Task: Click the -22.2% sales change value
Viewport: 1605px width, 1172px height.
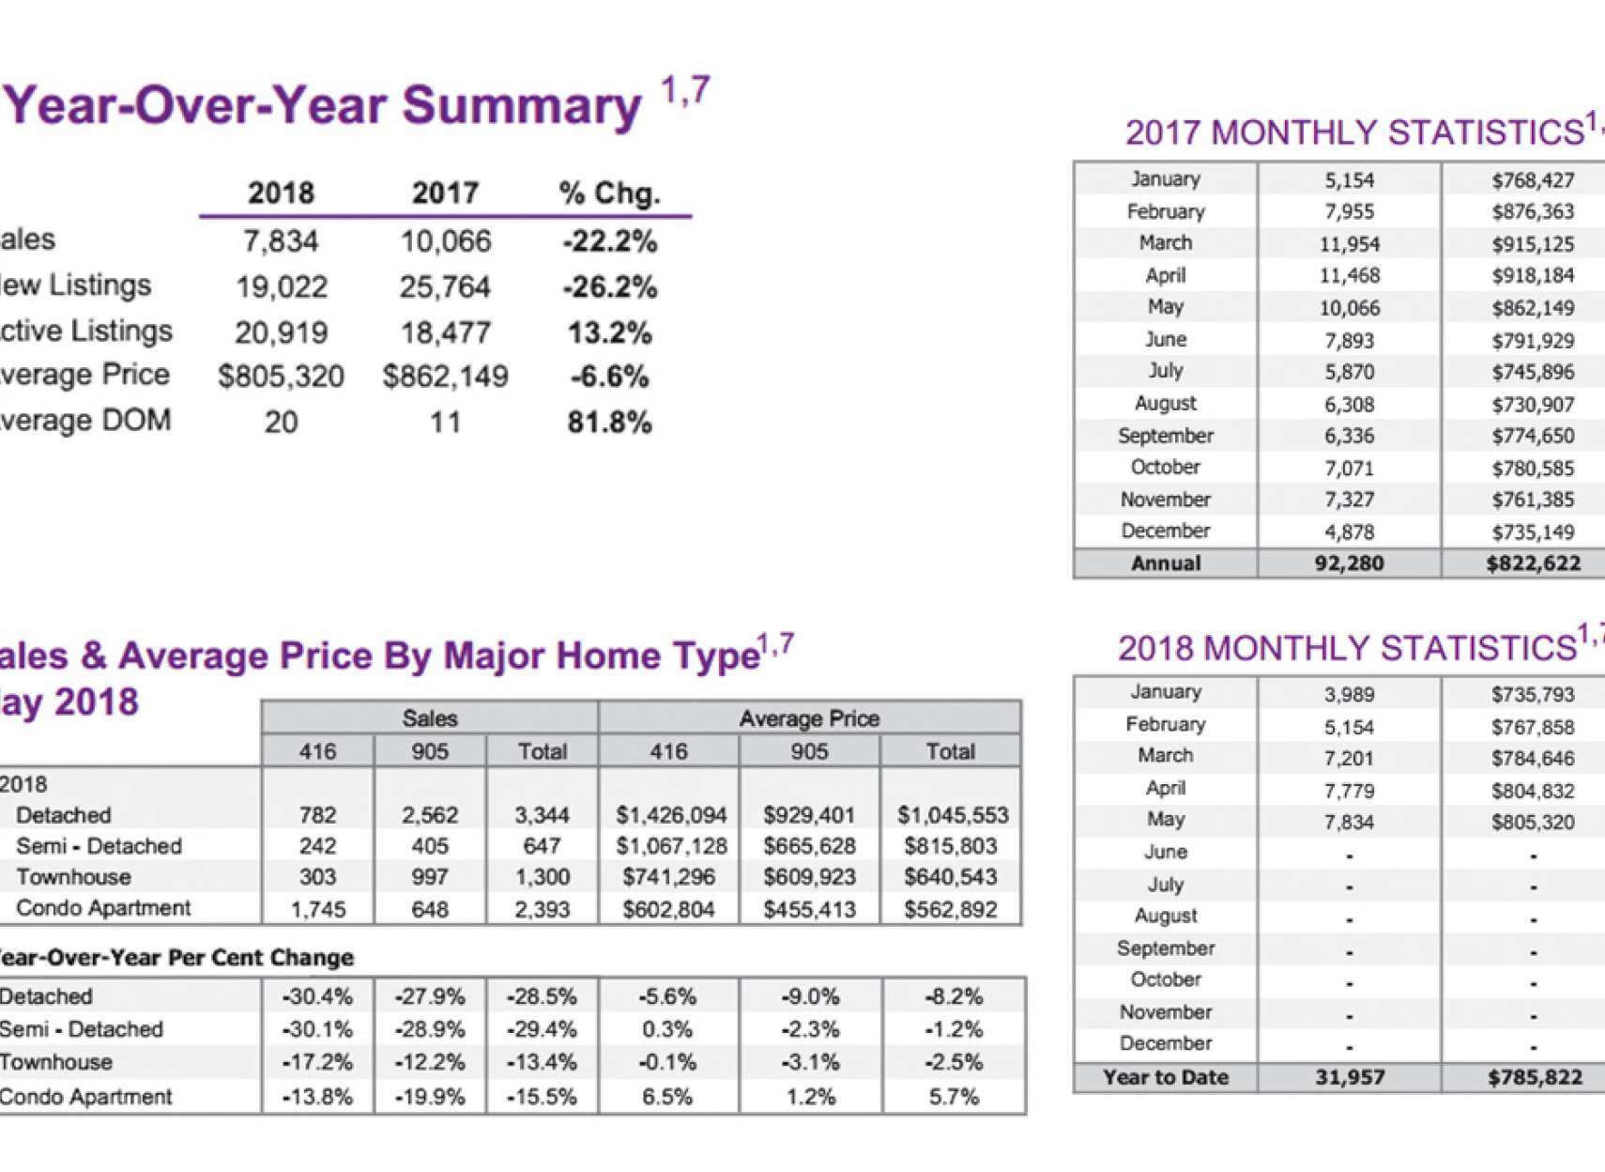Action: tap(610, 242)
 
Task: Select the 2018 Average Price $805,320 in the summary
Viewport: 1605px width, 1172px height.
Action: tap(281, 377)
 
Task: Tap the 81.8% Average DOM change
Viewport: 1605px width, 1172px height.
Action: tap(609, 423)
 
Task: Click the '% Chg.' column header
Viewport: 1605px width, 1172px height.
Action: tap(609, 193)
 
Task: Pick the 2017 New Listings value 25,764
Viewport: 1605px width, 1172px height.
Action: tap(445, 287)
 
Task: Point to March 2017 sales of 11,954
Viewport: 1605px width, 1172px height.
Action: tap(1349, 244)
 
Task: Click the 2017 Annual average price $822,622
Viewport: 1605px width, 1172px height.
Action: tap(1533, 563)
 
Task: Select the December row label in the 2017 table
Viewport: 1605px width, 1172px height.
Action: tap(1165, 532)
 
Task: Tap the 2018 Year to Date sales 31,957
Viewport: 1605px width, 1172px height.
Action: tap(1349, 1078)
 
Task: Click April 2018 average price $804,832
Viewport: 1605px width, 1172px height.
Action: tap(1533, 791)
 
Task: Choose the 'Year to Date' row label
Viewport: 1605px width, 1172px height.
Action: tap(1165, 1078)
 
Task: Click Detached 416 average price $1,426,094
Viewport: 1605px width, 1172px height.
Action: tap(670, 815)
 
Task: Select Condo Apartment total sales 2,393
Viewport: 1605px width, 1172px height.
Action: tap(542, 909)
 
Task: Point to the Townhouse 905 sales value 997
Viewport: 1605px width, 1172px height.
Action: tap(429, 877)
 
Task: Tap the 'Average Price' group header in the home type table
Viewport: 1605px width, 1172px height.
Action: tap(809, 718)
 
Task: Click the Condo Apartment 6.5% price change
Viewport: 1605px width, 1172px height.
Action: tap(667, 1097)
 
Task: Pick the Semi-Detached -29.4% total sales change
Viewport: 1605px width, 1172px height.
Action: tap(542, 1030)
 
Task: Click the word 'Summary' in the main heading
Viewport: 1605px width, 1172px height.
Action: tap(522, 105)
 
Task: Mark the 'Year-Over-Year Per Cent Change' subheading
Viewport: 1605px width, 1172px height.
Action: tap(176, 958)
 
